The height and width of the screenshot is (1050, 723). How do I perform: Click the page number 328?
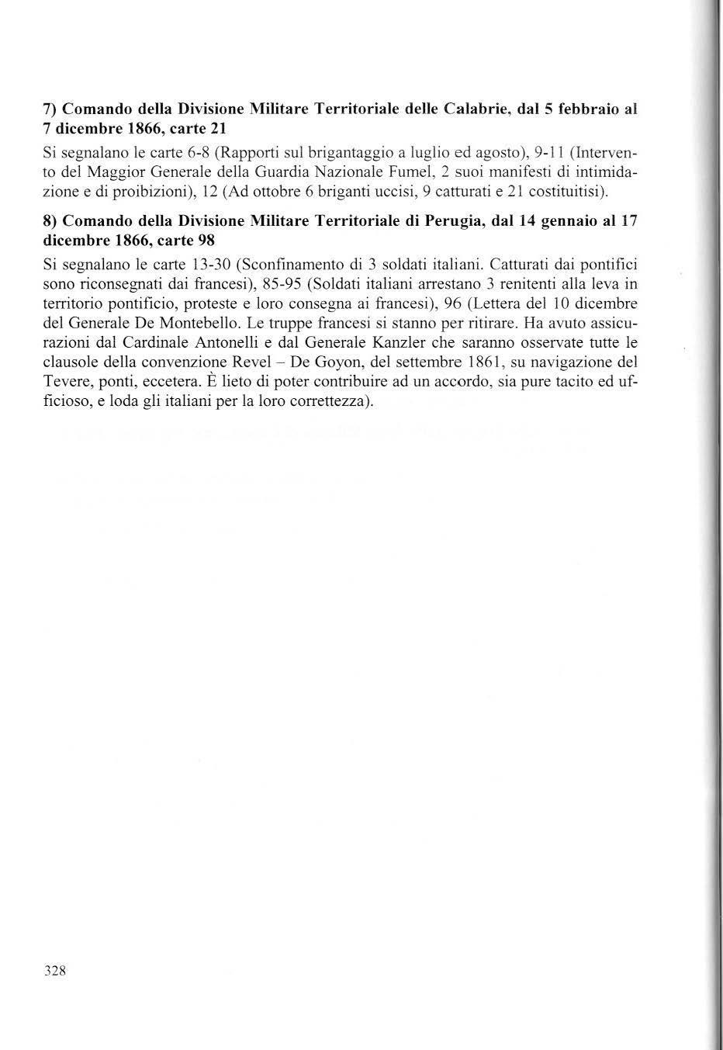(x=55, y=971)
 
